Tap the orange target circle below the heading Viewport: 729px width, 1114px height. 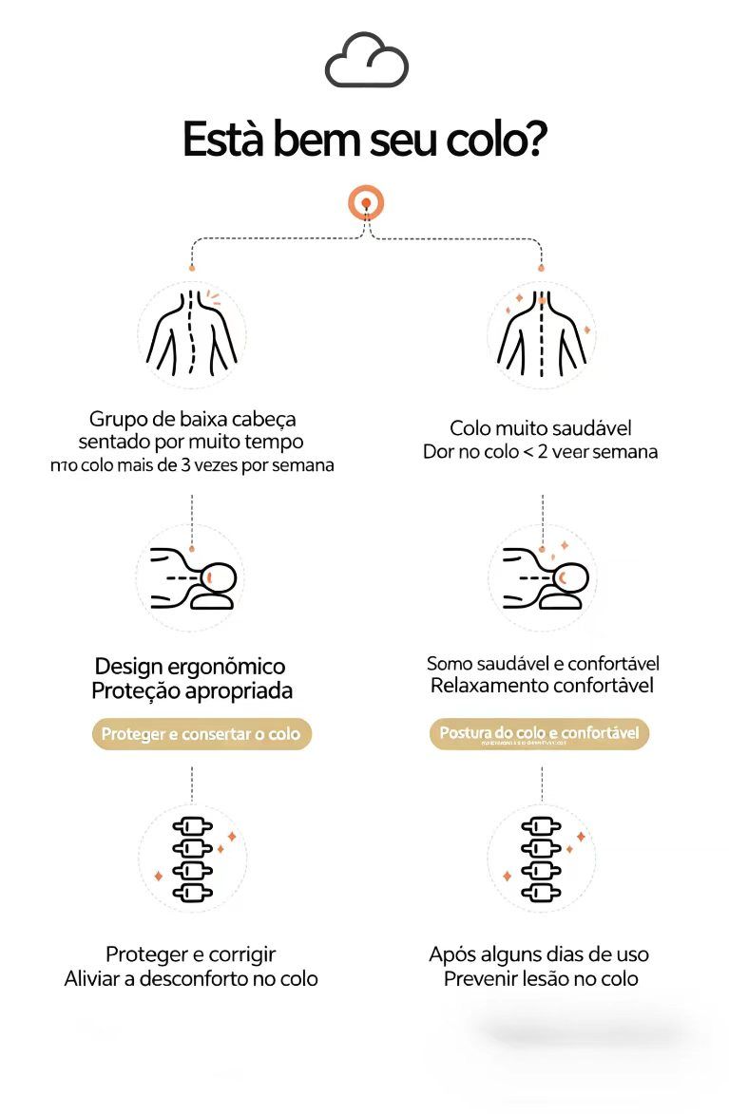(366, 202)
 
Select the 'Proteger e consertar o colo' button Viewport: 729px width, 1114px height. (201, 734)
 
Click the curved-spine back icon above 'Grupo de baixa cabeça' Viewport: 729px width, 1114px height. (191, 334)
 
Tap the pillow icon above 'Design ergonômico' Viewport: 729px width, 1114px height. (191, 576)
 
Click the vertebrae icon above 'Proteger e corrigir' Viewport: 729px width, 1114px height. (191, 859)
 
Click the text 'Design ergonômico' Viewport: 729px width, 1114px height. (190, 667)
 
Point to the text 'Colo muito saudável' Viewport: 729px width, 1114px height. (541, 429)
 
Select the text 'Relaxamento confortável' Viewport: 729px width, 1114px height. (542, 686)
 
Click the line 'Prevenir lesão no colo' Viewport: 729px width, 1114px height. (541, 978)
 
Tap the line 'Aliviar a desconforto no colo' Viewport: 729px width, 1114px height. (191, 978)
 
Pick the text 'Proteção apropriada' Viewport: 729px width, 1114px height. (192, 691)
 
